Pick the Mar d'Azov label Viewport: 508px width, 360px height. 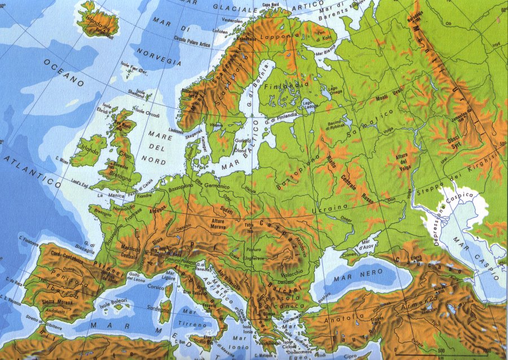click(365, 247)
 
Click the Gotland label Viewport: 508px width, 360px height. click(242, 139)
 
